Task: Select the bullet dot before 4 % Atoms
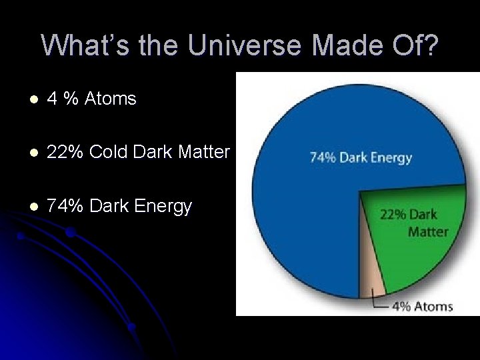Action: click(x=32, y=100)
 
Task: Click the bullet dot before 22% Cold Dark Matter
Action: click(x=32, y=153)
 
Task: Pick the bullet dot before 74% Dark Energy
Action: click(x=32, y=207)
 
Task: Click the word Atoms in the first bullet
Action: click(x=110, y=99)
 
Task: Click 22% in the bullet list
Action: click(x=65, y=152)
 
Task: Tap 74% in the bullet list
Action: click(x=65, y=206)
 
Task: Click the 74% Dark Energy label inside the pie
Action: click(x=361, y=158)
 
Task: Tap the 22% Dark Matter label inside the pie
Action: click(x=414, y=223)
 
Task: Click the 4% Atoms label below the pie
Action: click(x=422, y=307)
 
